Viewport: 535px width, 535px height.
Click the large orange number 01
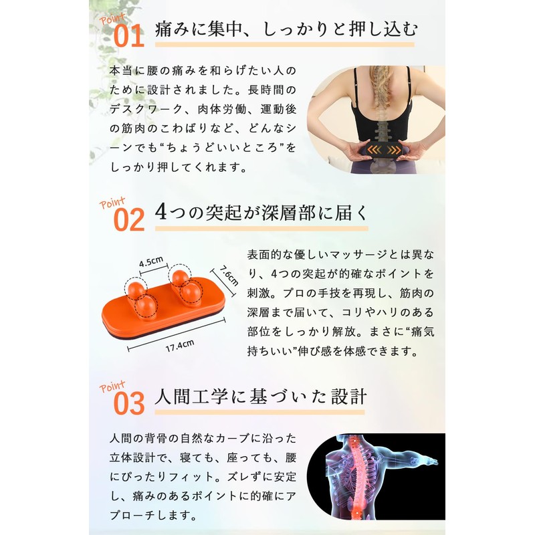click(129, 36)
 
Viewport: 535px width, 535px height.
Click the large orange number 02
click(129, 219)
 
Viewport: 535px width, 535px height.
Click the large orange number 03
click(129, 403)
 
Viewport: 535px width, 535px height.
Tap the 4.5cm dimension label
click(152, 262)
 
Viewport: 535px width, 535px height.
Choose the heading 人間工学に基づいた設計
click(261, 396)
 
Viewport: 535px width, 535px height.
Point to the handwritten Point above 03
click(112, 386)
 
